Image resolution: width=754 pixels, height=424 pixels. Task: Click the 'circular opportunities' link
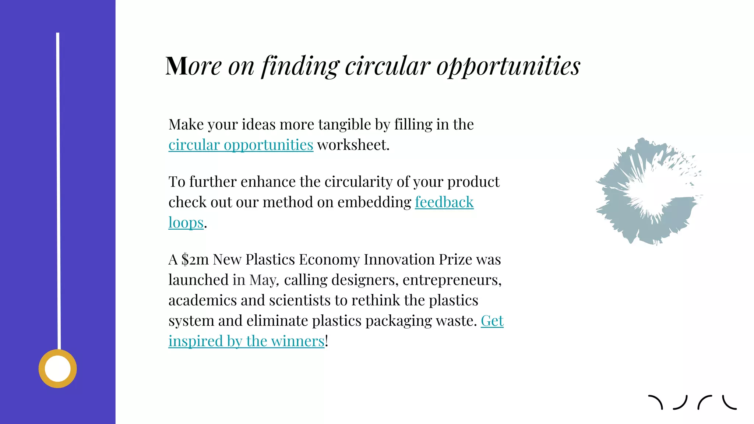241,145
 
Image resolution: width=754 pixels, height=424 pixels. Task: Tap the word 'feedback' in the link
444,202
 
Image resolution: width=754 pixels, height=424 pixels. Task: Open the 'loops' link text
186,223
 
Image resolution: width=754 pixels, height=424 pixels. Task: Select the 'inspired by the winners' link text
246,341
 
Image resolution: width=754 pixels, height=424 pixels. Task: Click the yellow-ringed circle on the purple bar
58,368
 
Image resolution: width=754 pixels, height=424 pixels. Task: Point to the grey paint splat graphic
648,191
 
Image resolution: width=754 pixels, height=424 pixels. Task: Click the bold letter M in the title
177,66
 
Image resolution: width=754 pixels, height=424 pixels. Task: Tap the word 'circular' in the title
387,66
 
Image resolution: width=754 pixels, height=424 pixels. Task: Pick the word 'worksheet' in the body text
352,145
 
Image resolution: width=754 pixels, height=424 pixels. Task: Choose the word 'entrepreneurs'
452,280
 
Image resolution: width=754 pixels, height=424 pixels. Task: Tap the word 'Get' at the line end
492,321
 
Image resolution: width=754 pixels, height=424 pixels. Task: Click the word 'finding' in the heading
300,66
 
